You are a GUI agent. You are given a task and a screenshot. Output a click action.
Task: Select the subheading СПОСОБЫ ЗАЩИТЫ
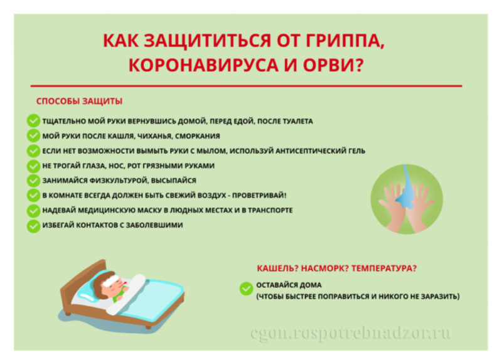79,101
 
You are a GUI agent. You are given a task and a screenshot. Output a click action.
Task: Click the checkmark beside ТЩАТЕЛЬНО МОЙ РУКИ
33,120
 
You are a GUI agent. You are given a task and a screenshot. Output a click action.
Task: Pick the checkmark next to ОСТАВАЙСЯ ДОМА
246,289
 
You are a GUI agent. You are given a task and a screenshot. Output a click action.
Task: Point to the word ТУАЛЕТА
297,121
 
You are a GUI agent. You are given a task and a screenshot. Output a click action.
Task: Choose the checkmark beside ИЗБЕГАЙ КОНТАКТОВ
33,226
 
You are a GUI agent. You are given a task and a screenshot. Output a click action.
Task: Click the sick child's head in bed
109,284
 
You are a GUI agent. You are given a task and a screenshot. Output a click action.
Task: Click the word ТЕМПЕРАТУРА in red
384,268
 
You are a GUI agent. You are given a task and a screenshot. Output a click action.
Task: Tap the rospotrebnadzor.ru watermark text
351,334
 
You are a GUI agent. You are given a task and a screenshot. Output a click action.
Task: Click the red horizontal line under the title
246,86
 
